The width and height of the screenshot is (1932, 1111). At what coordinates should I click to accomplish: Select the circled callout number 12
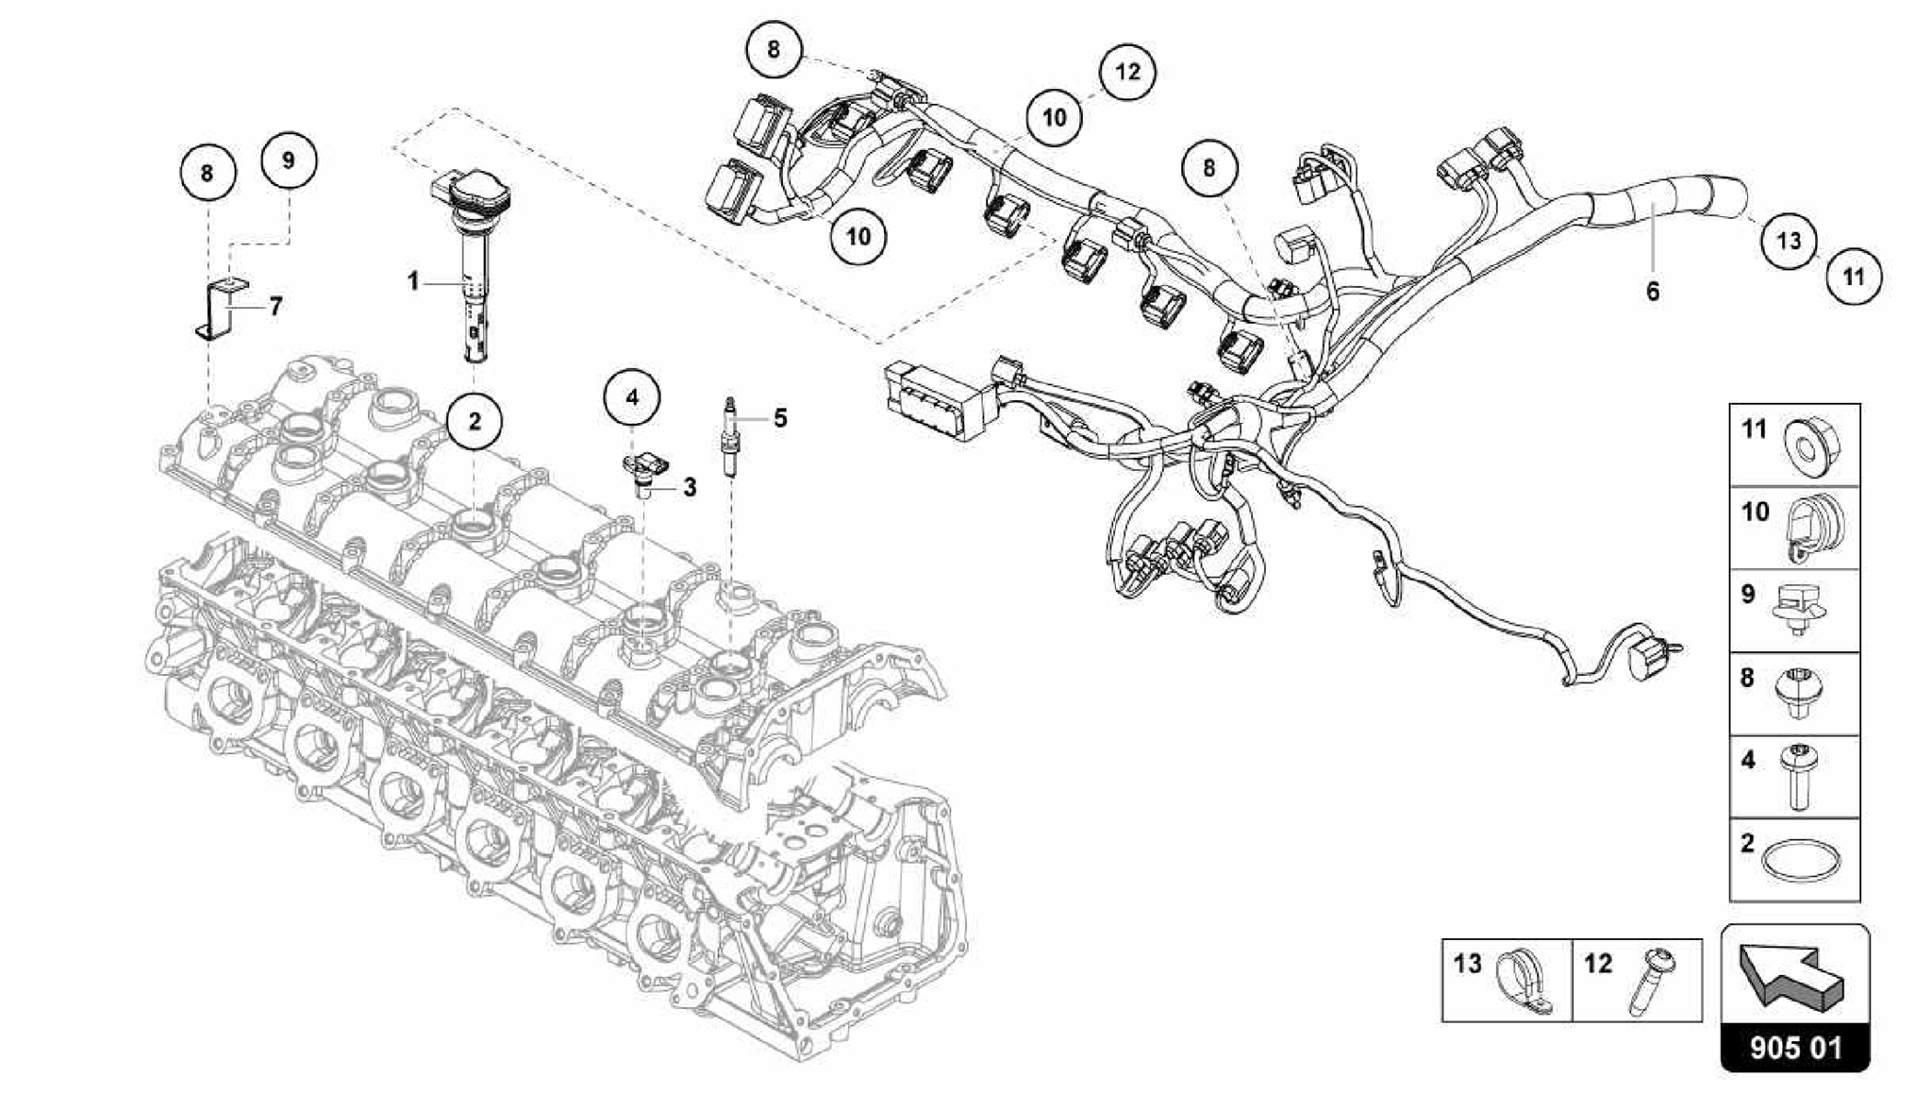[1127, 72]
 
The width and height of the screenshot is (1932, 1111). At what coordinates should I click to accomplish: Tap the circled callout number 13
[1788, 241]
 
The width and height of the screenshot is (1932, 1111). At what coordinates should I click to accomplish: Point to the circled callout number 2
[474, 421]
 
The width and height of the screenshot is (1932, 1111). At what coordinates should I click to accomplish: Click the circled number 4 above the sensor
[632, 397]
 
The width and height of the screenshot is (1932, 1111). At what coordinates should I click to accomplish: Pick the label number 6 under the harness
[1652, 292]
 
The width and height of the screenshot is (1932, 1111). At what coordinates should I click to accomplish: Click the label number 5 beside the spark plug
[780, 417]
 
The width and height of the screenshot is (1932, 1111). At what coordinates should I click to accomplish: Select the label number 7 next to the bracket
[275, 306]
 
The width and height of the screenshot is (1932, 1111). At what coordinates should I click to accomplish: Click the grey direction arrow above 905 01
[1790, 982]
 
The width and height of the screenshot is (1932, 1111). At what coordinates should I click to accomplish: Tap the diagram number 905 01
[1794, 1048]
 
